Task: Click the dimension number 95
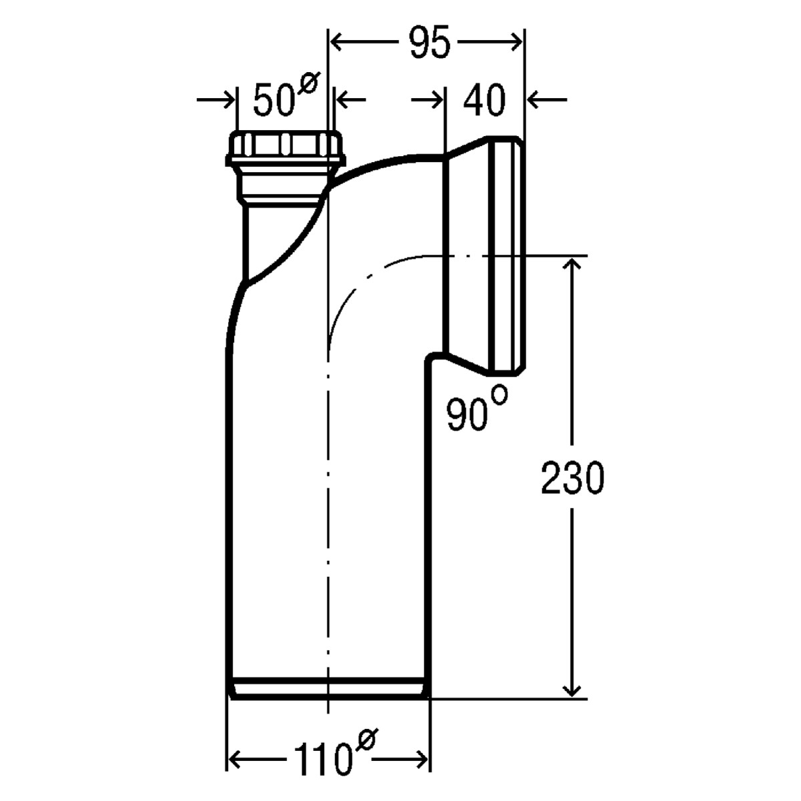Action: click(429, 42)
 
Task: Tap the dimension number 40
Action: click(484, 100)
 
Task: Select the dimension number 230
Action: click(572, 478)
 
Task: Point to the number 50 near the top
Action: click(274, 100)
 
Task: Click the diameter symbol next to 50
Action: click(308, 83)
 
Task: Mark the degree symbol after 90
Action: click(499, 394)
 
